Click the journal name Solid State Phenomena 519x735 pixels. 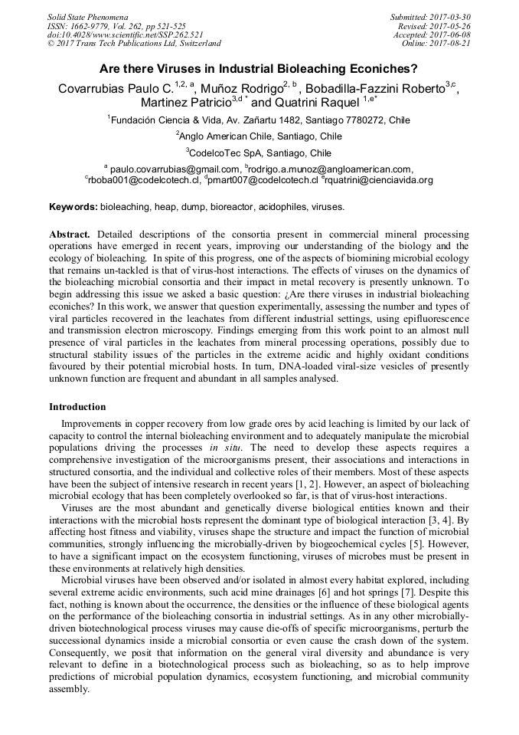[x=87, y=17]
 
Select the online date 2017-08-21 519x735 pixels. [x=450, y=44]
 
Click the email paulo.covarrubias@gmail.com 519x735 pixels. [x=175, y=169]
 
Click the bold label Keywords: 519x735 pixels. [x=73, y=207]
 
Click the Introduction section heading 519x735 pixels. [x=77, y=407]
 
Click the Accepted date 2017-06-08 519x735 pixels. [x=450, y=35]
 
